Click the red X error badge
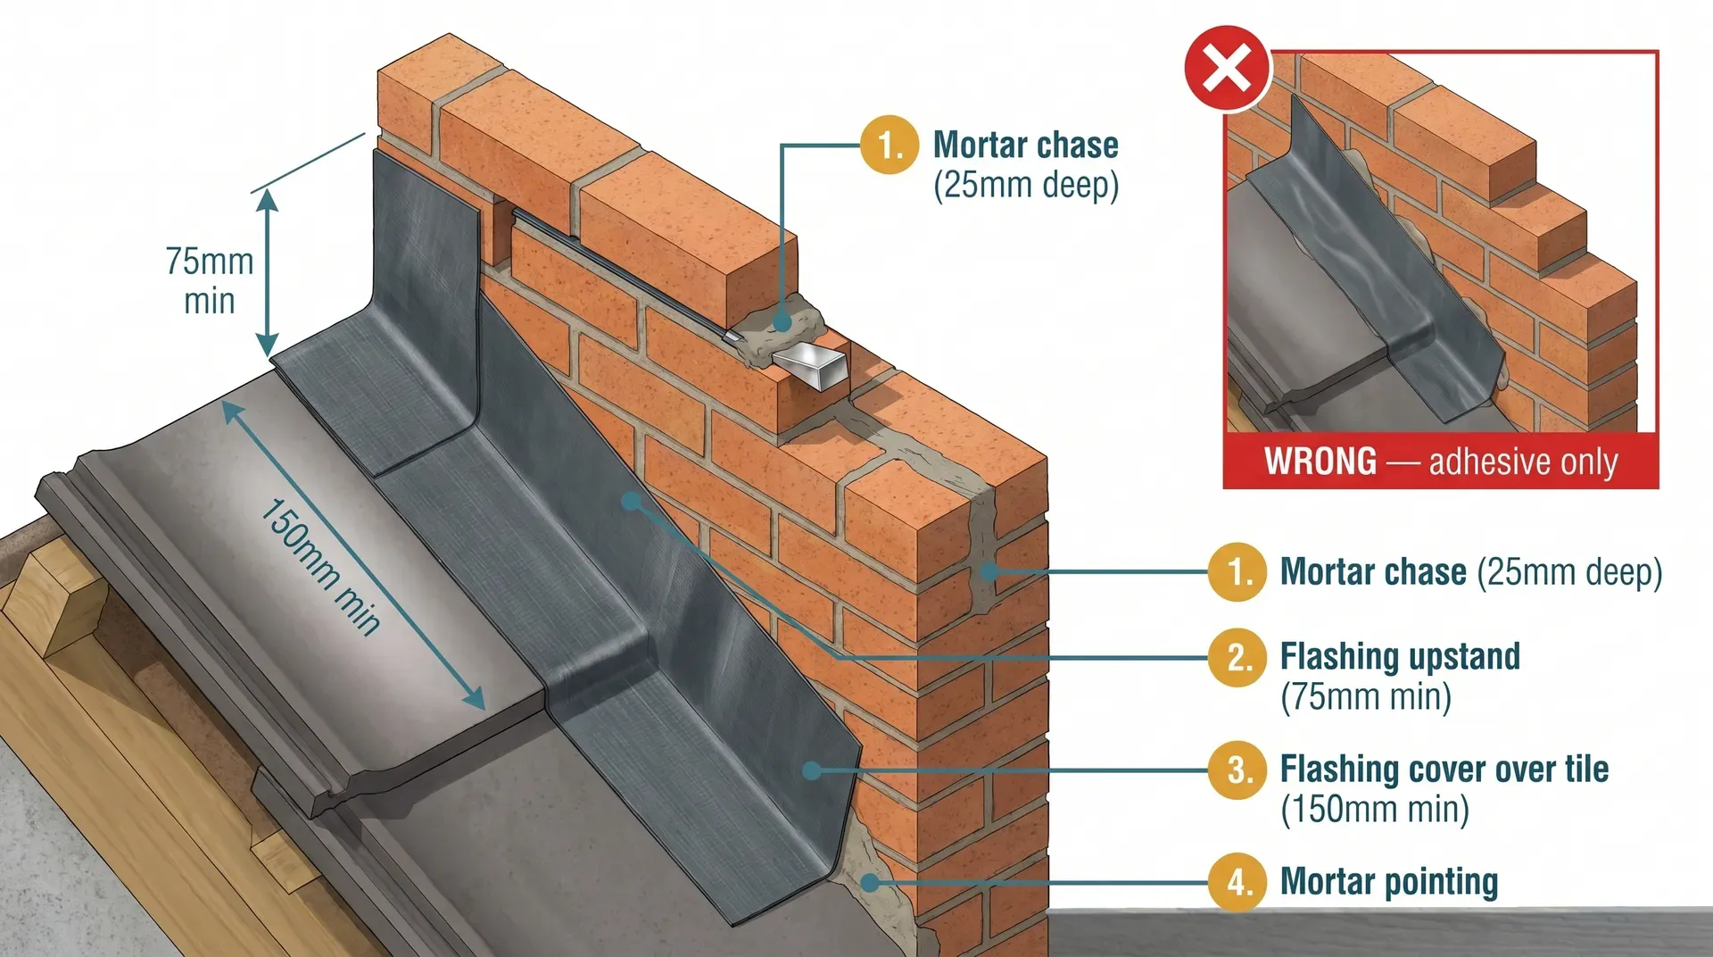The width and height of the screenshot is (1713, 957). pyautogui.click(x=1228, y=69)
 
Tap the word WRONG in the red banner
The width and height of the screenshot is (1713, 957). pyautogui.click(x=1320, y=462)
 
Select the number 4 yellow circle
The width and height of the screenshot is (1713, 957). pyautogui.click(x=1237, y=882)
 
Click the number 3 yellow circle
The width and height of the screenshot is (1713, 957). pyautogui.click(x=1237, y=770)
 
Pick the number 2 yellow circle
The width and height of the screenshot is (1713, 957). pyautogui.click(x=1237, y=658)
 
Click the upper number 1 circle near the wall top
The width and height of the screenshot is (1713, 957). pyautogui.click(x=890, y=145)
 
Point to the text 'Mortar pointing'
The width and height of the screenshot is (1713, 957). pyautogui.click(x=1388, y=882)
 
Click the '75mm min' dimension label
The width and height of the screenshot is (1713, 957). pyautogui.click(x=210, y=281)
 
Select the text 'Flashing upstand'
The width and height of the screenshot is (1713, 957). pyautogui.click(x=1399, y=657)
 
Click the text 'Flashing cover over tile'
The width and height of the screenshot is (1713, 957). pyautogui.click(x=1444, y=769)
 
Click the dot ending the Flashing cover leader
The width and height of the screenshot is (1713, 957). pyautogui.click(x=812, y=770)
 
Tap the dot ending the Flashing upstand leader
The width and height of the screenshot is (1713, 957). pyautogui.click(x=631, y=501)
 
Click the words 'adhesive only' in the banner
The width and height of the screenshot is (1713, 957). pyautogui.click(x=1523, y=462)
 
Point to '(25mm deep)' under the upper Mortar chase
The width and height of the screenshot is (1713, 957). pyautogui.click(x=1025, y=186)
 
